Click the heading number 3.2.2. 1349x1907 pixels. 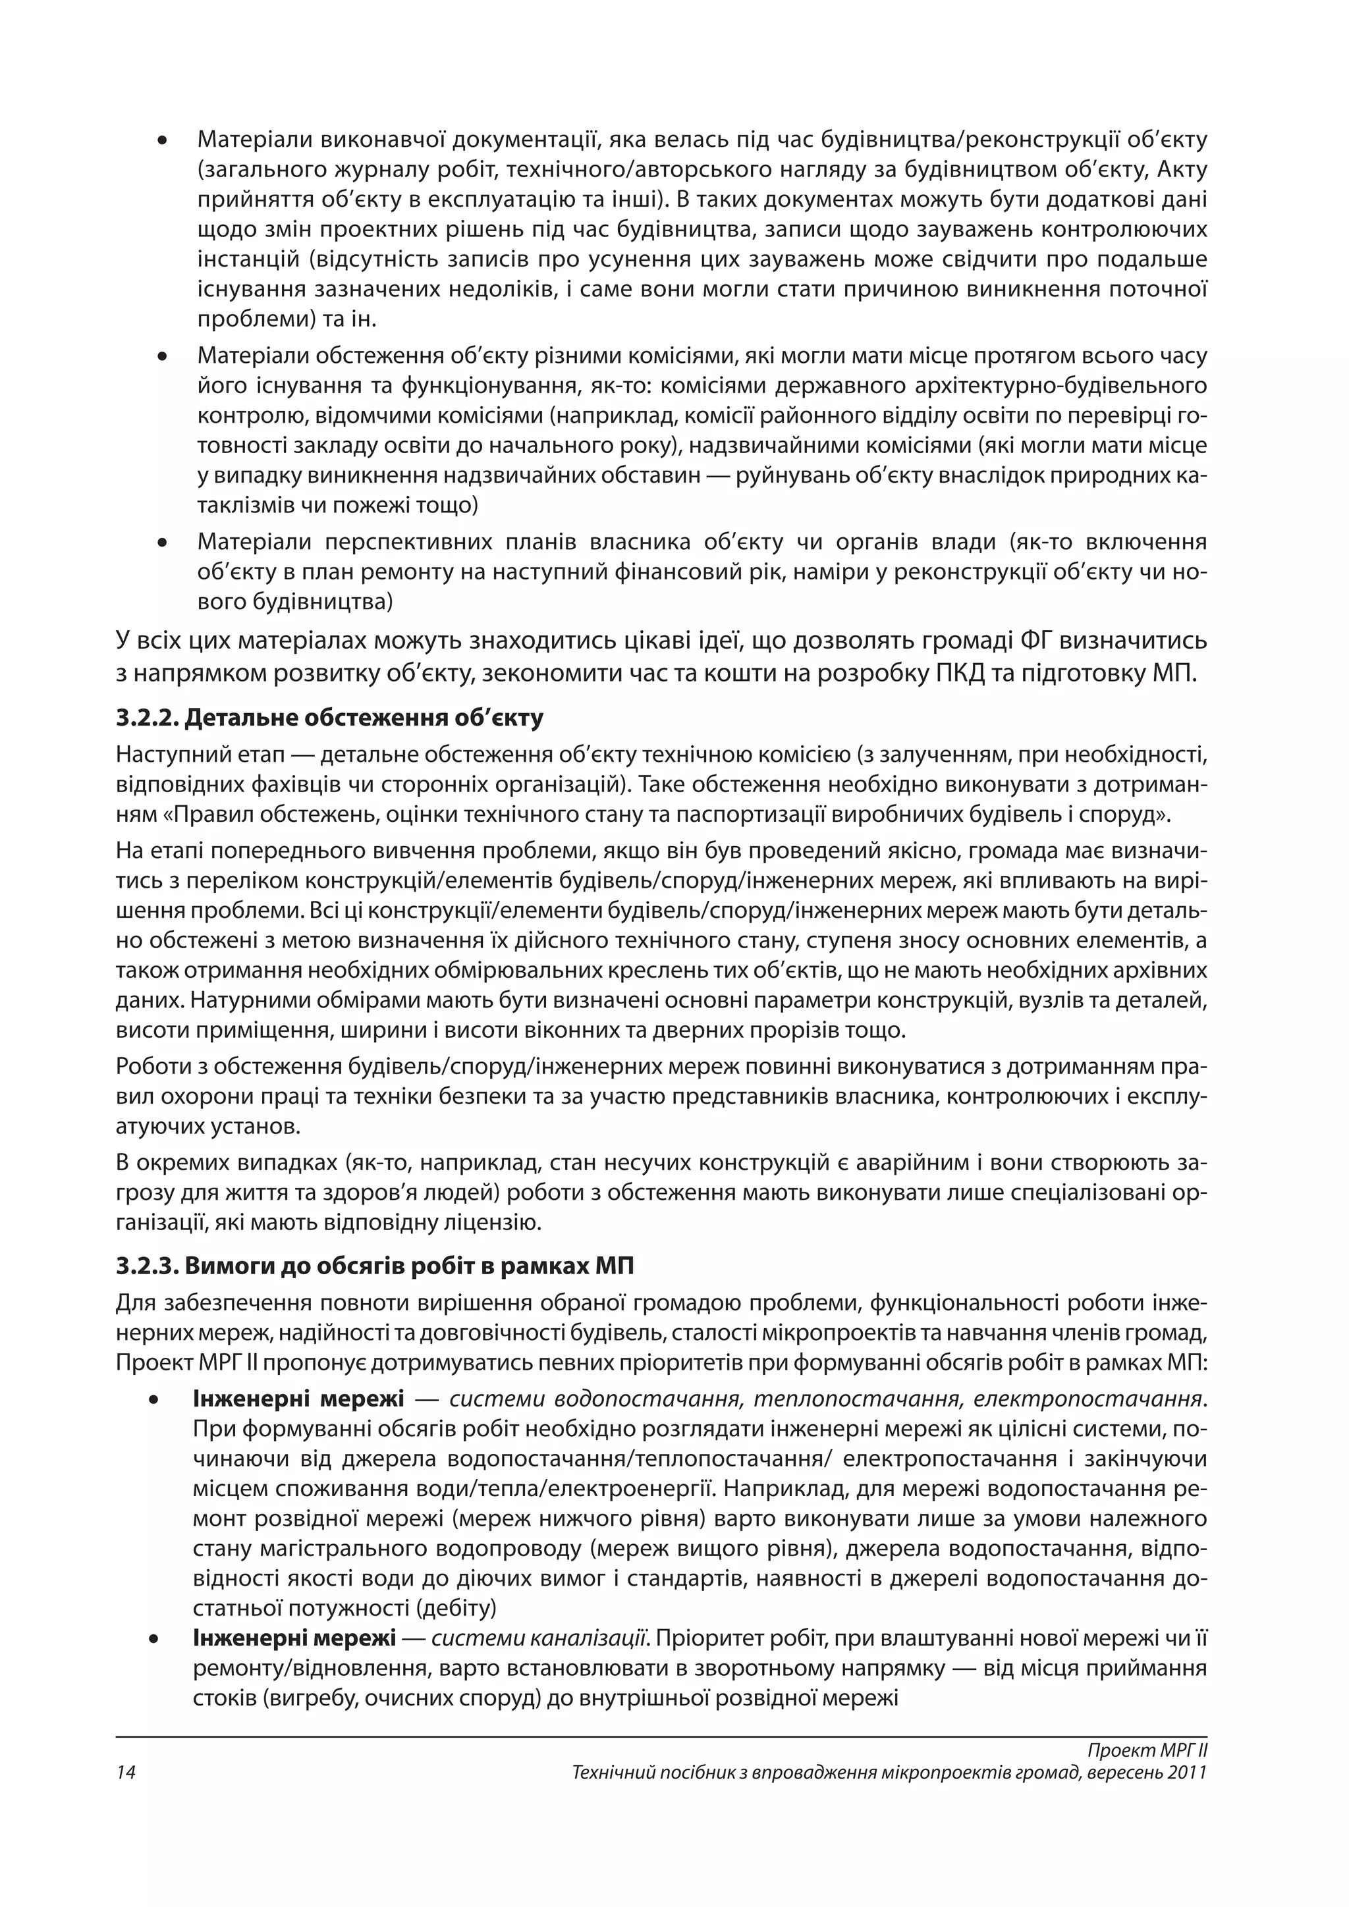(146, 718)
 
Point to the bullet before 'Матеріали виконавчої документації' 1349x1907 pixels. (163, 140)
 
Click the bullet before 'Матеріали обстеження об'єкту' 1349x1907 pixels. (163, 357)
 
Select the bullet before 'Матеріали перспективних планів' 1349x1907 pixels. (163, 543)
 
